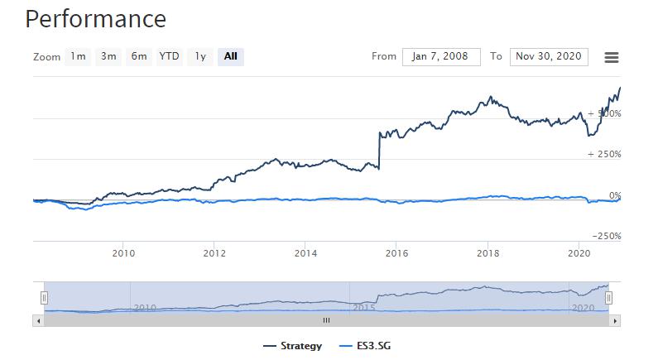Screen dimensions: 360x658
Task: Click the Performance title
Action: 95,18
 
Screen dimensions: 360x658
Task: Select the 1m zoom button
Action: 78,56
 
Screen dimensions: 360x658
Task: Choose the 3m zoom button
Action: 108,56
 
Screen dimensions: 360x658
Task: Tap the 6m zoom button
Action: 138,56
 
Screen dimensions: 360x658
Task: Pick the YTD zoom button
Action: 169,56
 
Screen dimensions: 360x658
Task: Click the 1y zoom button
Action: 199,56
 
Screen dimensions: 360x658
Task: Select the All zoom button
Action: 230,56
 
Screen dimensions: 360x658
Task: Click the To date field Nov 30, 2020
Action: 549,56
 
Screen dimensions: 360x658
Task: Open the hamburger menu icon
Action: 612,57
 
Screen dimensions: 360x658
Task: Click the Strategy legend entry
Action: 292,345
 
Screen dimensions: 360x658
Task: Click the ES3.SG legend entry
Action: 364,345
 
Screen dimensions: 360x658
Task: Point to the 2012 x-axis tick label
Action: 214,252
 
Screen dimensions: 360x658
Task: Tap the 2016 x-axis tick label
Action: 396,252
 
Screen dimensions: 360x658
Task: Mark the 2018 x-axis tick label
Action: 487,252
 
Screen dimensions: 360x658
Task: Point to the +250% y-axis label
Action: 603,155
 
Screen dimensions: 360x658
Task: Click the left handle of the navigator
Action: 45,297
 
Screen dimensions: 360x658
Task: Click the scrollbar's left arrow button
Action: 38,319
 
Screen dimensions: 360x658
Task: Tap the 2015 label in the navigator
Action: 364,307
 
